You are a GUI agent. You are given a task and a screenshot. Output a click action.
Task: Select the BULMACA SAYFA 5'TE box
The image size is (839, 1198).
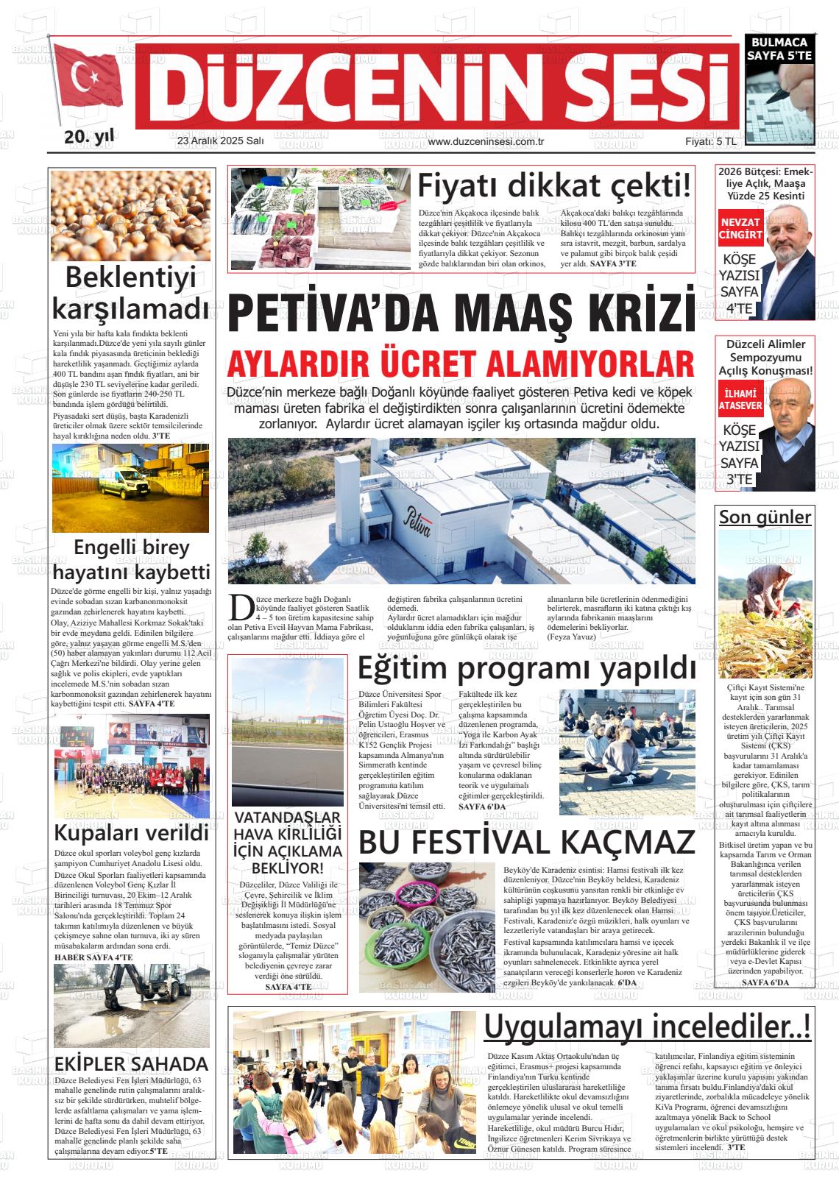click(778, 49)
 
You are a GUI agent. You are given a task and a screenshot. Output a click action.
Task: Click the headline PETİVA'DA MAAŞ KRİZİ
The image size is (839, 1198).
click(461, 313)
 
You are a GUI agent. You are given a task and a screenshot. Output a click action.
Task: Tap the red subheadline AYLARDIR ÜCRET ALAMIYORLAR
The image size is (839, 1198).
click(461, 364)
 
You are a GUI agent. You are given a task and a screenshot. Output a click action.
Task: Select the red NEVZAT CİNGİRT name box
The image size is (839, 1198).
click(740, 229)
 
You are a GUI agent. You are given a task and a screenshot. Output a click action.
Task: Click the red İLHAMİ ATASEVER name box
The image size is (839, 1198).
click(740, 398)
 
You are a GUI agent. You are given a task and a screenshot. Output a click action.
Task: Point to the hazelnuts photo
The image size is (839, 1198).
click(130, 215)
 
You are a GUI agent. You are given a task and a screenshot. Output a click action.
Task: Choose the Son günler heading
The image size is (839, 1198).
click(765, 517)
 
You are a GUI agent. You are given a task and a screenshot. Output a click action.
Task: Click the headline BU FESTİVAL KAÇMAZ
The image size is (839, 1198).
click(526, 842)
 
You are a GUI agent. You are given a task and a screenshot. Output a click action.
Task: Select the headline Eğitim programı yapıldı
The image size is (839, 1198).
click(526, 669)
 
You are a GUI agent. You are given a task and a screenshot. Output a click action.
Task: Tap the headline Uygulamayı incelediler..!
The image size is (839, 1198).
click(648, 1025)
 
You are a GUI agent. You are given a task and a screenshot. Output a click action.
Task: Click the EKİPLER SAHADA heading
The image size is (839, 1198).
click(131, 1064)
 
